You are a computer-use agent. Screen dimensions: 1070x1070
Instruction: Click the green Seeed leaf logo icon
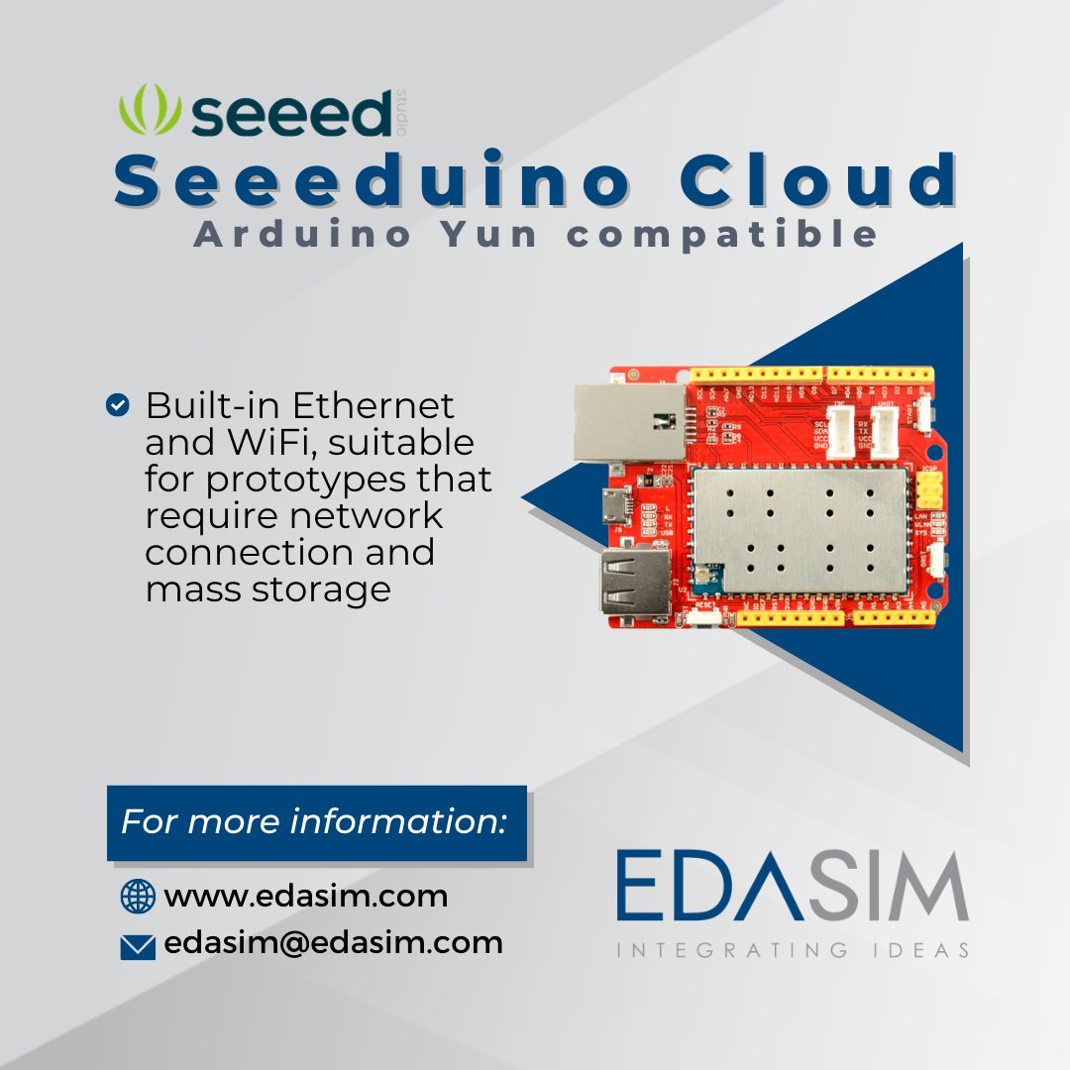coord(148,111)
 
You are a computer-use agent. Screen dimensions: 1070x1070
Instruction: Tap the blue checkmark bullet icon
coord(117,404)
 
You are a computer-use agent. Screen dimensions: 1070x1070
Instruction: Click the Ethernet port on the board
coord(628,422)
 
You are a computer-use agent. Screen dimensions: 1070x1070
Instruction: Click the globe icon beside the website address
coord(138,897)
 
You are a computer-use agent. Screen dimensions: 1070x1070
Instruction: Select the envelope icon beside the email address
coord(138,947)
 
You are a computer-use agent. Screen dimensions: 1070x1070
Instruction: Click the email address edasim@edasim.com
coord(334,943)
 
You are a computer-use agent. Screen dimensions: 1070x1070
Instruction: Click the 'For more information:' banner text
coord(314,822)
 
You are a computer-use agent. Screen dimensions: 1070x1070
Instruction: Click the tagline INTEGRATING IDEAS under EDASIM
coord(792,951)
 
